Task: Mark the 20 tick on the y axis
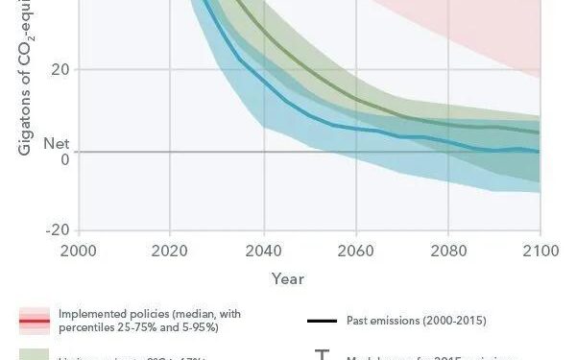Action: pyautogui.click(x=60, y=70)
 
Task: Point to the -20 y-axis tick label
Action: pyautogui.click(x=57, y=230)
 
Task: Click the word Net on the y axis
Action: pyautogui.click(x=57, y=144)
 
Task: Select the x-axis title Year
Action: pyautogui.click(x=287, y=279)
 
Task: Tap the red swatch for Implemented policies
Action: pyautogui.click(x=35, y=321)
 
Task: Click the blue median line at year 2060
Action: pyautogui.click(x=355, y=129)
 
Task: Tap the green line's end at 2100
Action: pyautogui.click(x=538, y=132)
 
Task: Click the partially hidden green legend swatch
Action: pyautogui.click(x=35, y=354)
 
